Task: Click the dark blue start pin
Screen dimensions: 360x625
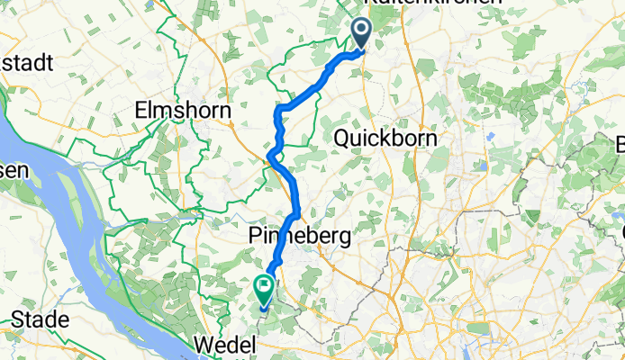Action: pyautogui.click(x=361, y=33)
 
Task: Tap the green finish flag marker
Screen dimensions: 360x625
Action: pyautogui.click(x=265, y=290)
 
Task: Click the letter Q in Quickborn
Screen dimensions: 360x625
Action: pyautogui.click(x=342, y=139)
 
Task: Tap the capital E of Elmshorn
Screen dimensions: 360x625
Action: pyautogui.click(x=140, y=110)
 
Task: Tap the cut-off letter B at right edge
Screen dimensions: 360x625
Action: pyautogui.click(x=620, y=145)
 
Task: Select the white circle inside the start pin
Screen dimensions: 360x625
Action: pyautogui.click(x=361, y=30)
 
